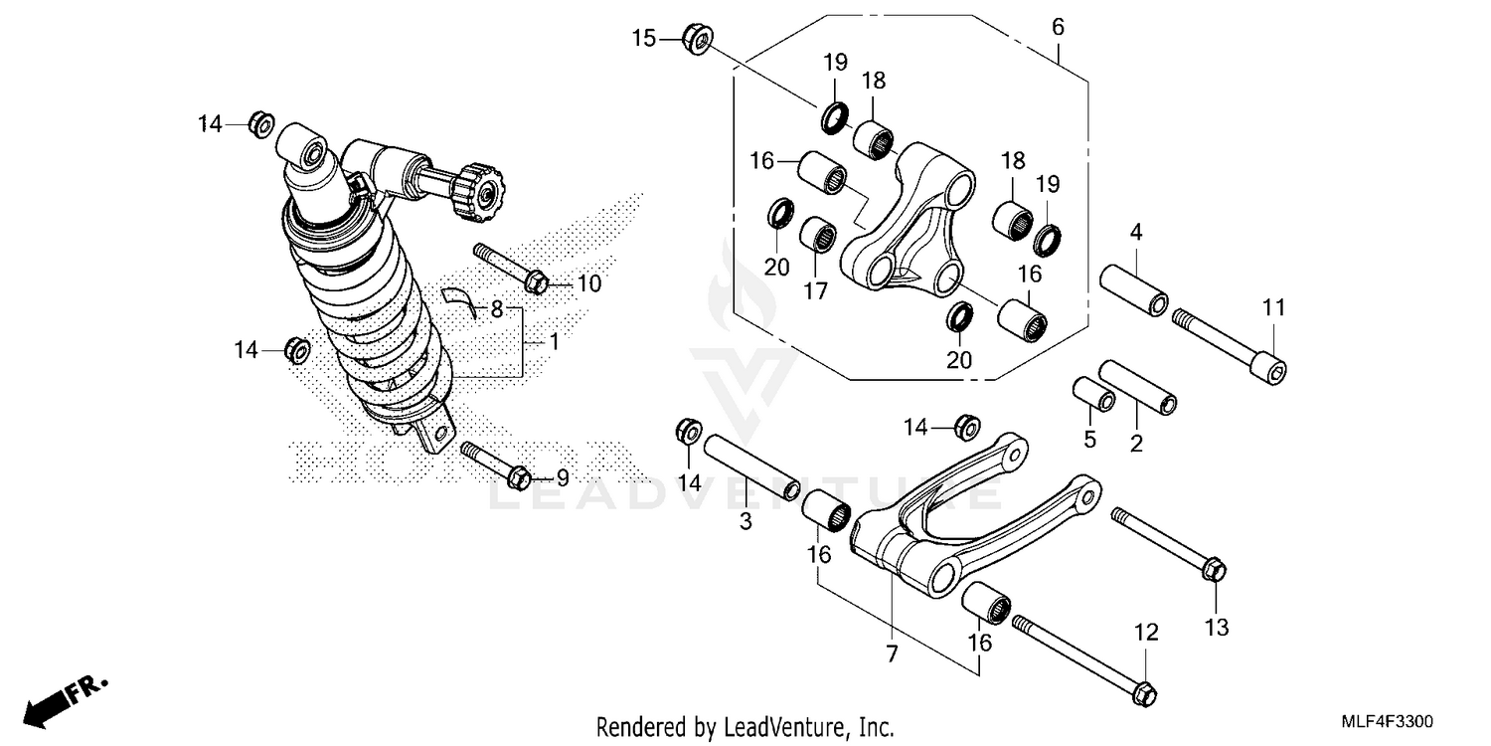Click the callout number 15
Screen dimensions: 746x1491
click(644, 39)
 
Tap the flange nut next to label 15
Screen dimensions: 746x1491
click(696, 39)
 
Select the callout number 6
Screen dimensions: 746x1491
click(1058, 27)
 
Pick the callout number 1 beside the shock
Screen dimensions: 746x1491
click(554, 341)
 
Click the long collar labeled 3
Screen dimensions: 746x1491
click(751, 465)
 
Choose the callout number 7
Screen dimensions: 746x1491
click(892, 653)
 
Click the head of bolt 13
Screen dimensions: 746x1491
click(1213, 570)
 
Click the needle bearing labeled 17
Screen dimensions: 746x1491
click(818, 238)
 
